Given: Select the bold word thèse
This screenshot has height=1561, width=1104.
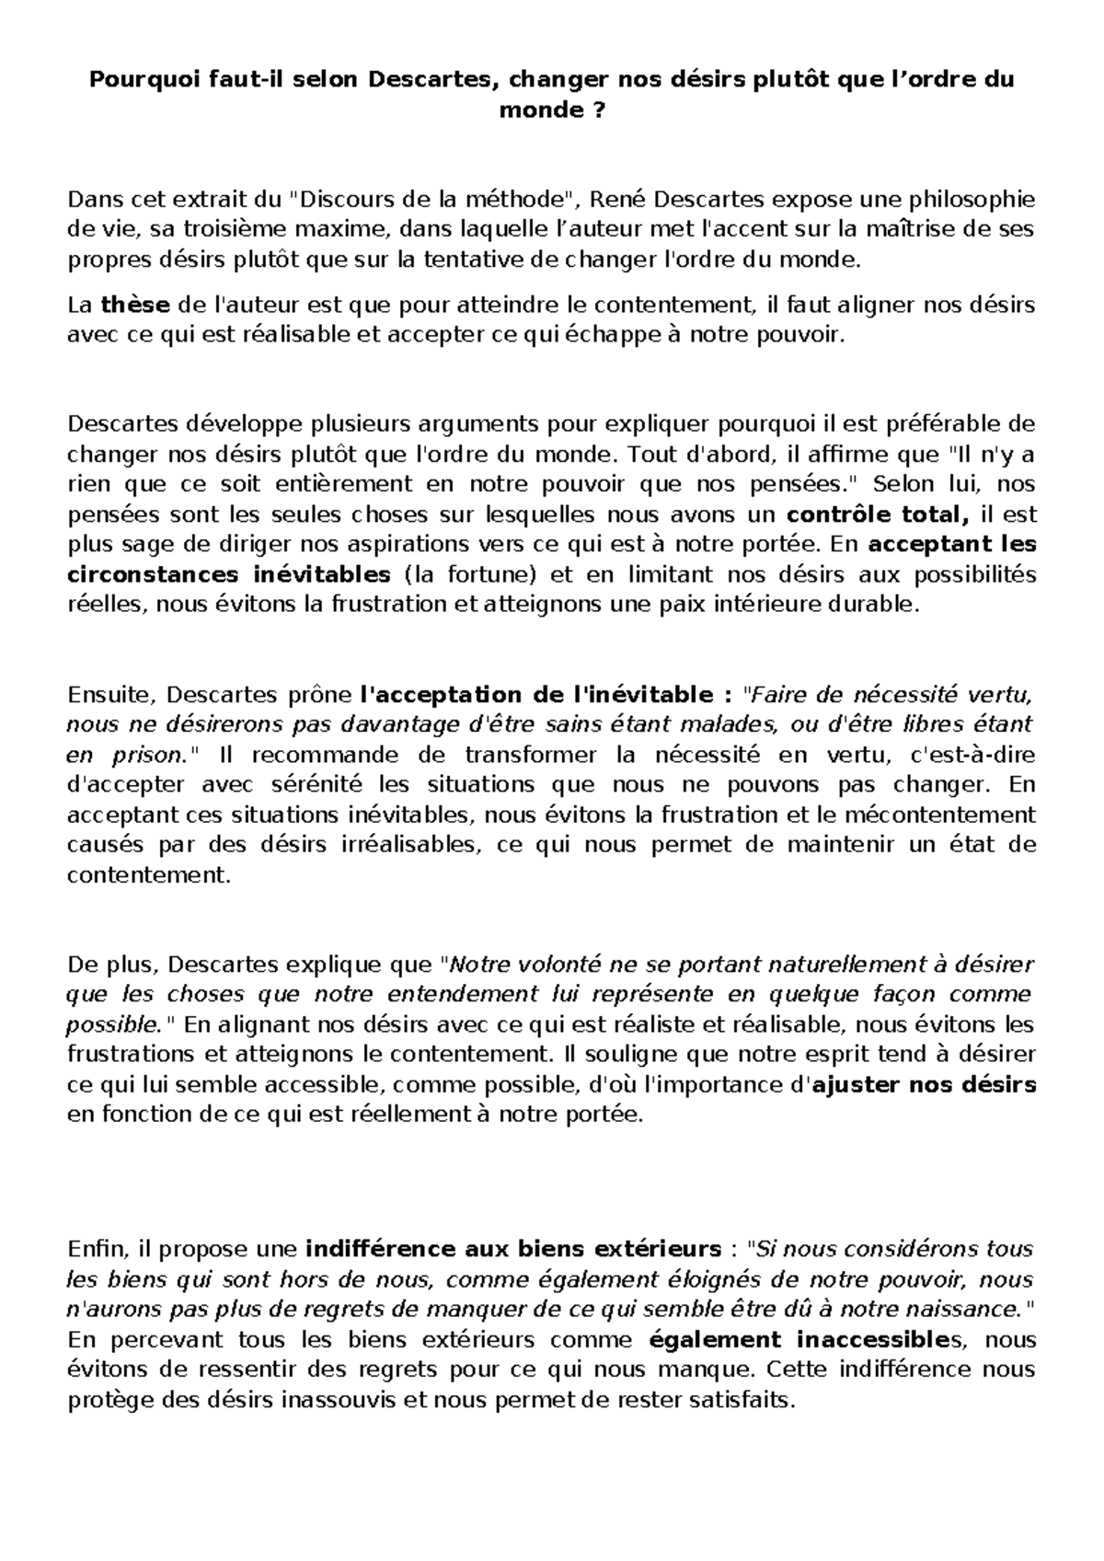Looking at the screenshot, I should (x=135, y=305).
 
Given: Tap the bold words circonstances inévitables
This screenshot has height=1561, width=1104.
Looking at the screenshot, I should (x=229, y=575).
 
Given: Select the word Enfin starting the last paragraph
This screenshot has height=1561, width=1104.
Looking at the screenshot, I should (x=95, y=1249).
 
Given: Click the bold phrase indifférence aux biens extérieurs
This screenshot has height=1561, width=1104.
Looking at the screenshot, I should (x=512, y=1249).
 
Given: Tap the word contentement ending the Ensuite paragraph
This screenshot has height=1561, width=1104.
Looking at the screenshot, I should (x=147, y=875).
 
